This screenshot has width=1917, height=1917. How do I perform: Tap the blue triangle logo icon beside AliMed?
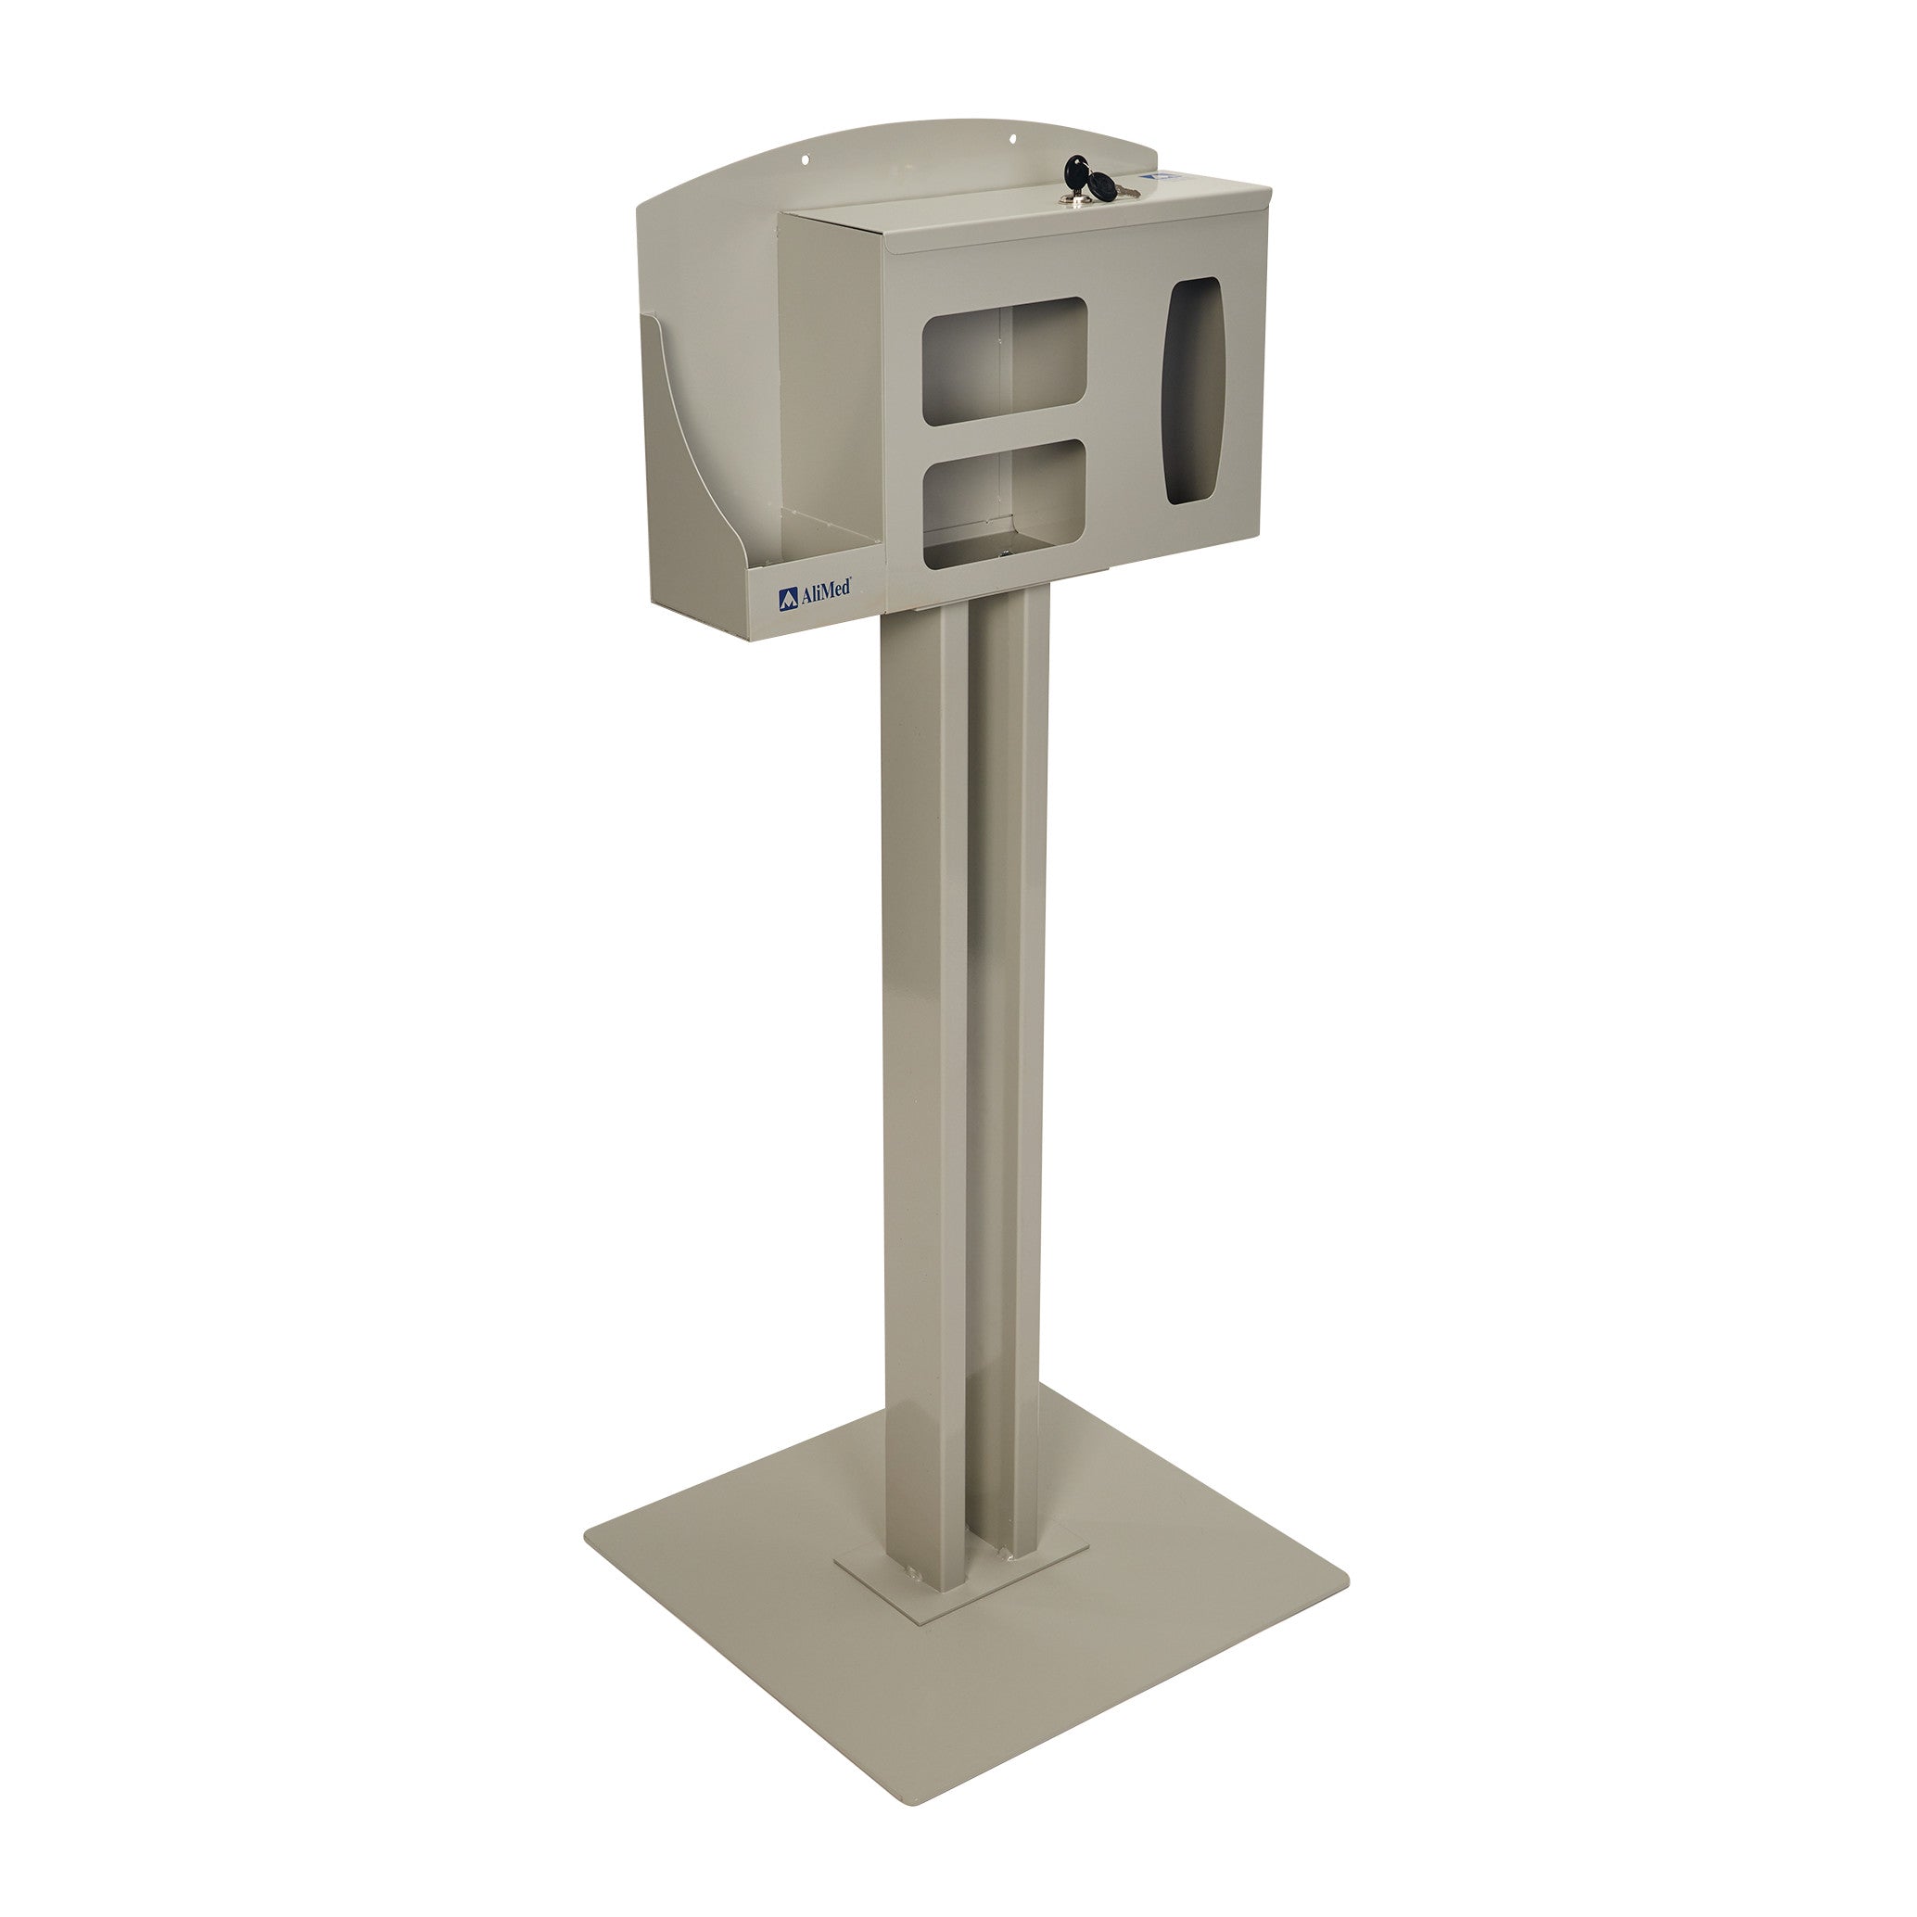coord(787,598)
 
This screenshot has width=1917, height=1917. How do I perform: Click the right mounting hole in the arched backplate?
coord(1013,140)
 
